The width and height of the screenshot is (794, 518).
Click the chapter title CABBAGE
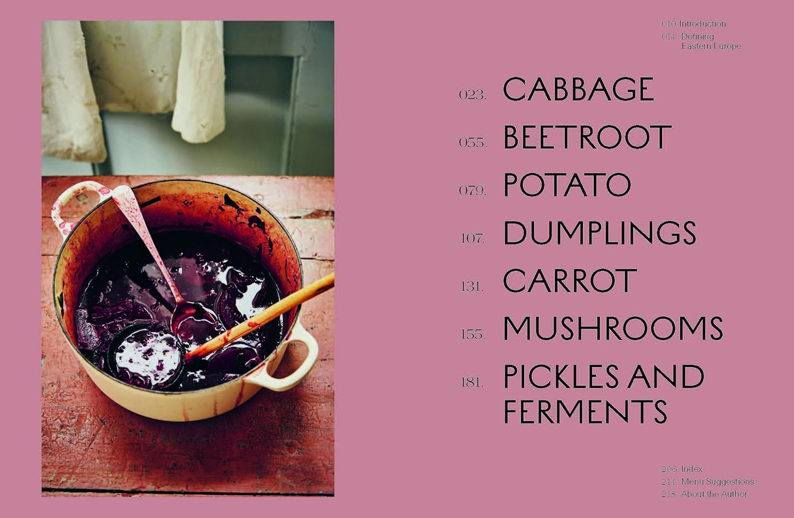(579, 89)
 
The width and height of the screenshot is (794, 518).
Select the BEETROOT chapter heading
(587, 138)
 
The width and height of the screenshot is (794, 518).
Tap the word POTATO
(567, 185)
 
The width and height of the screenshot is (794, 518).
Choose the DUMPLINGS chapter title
(599, 233)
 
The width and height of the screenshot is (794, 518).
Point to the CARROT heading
(570, 281)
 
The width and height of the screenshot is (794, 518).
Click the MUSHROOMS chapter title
(613, 329)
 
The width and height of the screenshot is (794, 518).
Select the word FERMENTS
(585, 412)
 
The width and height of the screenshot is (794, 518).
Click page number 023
(472, 95)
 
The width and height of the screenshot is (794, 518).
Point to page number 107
(472, 239)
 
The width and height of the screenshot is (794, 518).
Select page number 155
(472, 334)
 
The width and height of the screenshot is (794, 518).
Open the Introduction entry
(702, 24)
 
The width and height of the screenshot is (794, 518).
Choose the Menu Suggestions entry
(717, 481)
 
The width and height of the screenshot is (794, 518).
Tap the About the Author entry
(714, 494)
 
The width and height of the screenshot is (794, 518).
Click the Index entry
(691, 469)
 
